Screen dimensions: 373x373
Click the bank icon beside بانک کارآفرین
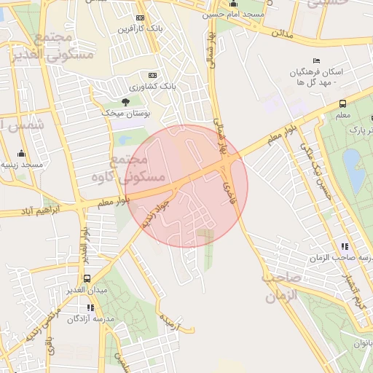tap(140, 17)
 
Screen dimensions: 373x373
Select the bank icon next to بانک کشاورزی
tap(152, 75)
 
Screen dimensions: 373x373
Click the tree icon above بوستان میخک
tap(125, 101)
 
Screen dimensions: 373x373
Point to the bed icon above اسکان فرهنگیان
tap(315, 60)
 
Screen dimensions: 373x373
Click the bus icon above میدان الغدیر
tap(87, 278)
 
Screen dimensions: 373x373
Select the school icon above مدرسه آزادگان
tap(90, 307)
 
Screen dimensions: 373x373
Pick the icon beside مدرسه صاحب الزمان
tap(344, 246)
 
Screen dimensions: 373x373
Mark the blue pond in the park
tap(353, 166)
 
